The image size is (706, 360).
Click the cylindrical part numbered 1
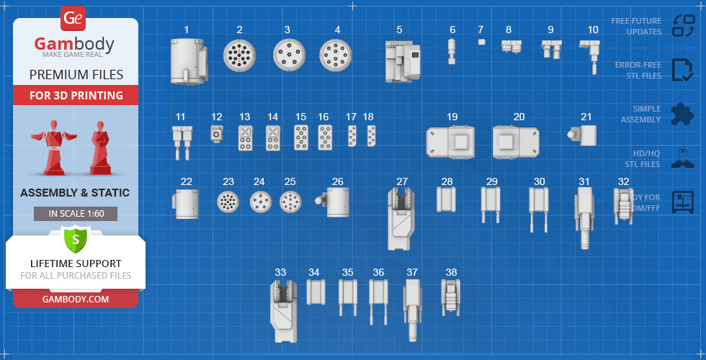[x=188, y=60]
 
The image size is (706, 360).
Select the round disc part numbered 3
[x=287, y=55]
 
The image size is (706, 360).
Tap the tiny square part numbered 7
[x=481, y=42]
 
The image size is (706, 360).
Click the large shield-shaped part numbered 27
[x=402, y=218]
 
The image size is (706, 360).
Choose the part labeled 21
[x=584, y=134]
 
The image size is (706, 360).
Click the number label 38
[x=451, y=272]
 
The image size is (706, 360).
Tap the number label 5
[x=399, y=30]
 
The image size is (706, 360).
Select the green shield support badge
[x=75, y=238]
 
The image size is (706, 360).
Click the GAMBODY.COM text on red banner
[x=76, y=299]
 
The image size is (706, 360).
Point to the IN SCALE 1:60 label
[x=75, y=214]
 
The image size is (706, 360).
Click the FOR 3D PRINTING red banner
[x=76, y=95]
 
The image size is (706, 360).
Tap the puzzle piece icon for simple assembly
[x=682, y=114]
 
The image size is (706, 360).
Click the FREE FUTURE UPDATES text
[x=636, y=26]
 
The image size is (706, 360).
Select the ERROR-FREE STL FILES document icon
[x=682, y=70]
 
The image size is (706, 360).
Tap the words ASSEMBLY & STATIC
[x=75, y=192]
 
